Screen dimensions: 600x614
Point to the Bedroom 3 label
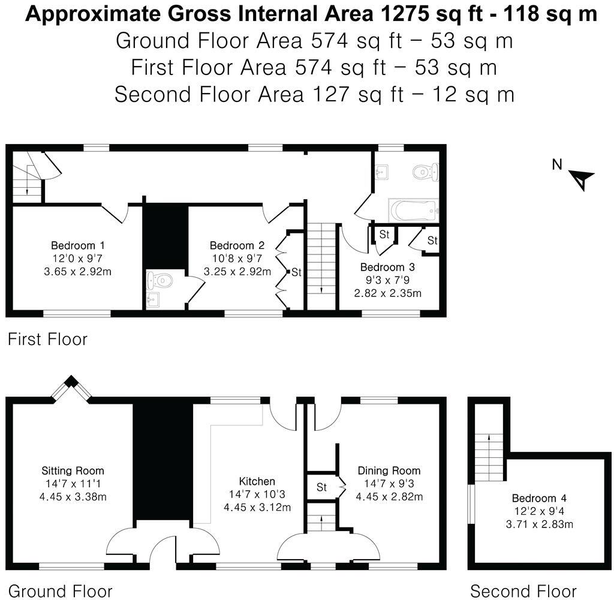pos(387,267)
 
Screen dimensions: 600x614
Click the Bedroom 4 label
pos(539,498)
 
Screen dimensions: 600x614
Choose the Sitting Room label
pos(73,470)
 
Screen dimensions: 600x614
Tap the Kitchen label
pos(257,481)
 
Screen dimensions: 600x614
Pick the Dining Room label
pos(389,470)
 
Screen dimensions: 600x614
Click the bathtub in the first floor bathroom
pos(414,211)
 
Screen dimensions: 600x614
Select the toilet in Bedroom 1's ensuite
pos(160,280)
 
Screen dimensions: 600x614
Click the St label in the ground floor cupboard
pos(321,487)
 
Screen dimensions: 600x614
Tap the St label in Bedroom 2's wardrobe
pos(296,272)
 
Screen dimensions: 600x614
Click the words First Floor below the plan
pos(47,340)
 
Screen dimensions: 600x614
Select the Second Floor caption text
pos(523,591)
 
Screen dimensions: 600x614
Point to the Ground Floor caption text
pos(60,591)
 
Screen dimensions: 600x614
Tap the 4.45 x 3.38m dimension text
pos(73,496)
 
